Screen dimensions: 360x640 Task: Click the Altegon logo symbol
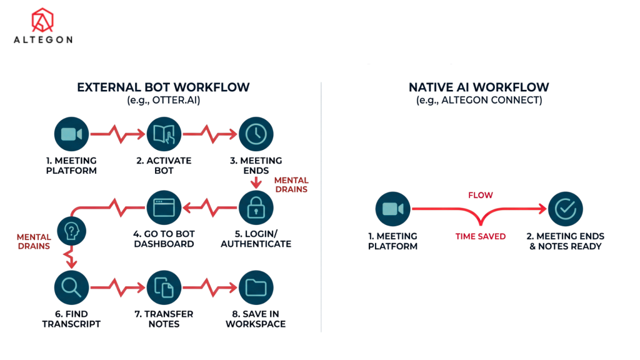(42, 21)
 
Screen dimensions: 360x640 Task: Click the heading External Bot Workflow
(163, 87)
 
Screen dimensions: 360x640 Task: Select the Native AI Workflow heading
(479, 87)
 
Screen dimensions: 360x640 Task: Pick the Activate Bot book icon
(163, 134)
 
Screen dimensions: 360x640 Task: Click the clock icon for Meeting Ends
(256, 134)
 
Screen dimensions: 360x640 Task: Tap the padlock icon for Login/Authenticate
(256, 209)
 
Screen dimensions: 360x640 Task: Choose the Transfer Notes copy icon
(163, 287)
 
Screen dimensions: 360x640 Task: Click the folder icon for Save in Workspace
(256, 287)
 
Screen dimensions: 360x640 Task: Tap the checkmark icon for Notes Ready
(565, 209)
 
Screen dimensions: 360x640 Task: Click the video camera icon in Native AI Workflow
(392, 209)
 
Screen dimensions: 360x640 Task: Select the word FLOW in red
(480, 196)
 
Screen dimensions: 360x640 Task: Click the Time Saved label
(480, 237)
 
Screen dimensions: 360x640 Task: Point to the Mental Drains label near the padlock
(291, 184)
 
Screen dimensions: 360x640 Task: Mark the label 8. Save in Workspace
(256, 319)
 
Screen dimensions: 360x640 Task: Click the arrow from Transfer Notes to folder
(209, 287)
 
